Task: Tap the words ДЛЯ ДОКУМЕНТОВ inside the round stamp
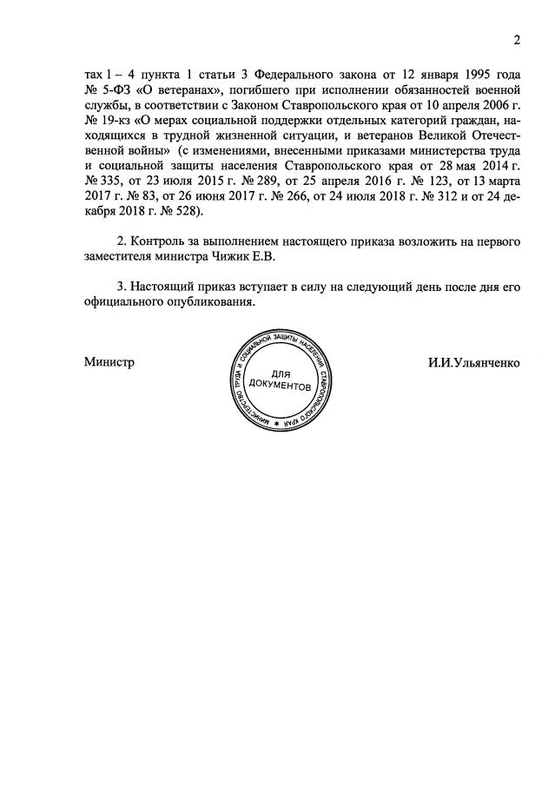pos(277,379)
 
